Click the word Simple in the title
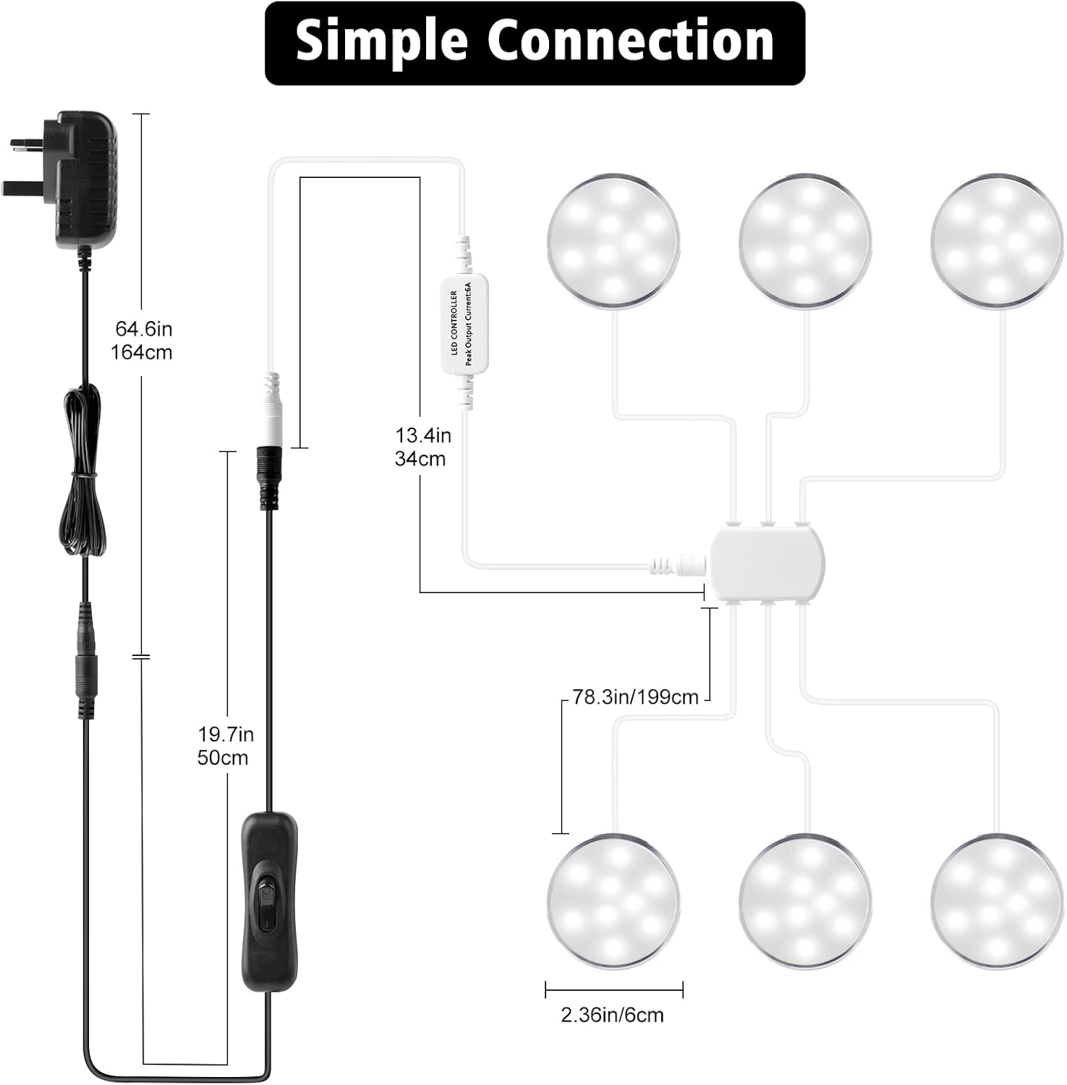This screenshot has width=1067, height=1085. (382, 42)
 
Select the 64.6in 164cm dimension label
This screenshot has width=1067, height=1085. (143, 341)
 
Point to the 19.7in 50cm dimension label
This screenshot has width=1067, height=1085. (225, 746)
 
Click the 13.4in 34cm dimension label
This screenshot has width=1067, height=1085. (422, 446)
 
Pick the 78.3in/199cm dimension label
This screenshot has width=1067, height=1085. (635, 697)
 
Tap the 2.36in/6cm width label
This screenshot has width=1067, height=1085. (612, 1015)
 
